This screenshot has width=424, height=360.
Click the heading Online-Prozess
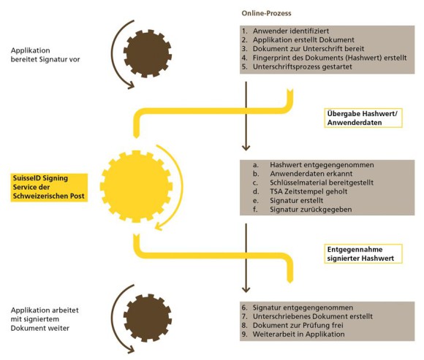coord(266,13)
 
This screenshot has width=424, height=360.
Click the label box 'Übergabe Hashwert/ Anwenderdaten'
coord(363,118)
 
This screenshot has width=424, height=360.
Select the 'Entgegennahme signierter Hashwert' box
coord(363,253)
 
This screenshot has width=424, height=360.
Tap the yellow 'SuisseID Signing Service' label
coord(49,187)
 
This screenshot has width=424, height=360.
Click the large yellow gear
coord(136,187)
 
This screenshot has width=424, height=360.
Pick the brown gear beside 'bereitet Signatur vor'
coord(148,53)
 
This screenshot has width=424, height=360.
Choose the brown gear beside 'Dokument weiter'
coord(148,318)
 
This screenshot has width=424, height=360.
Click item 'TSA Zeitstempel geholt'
coord(308,191)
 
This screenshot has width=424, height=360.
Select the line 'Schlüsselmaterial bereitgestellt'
coord(322,183)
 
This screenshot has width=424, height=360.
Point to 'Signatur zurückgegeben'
coord(311,210)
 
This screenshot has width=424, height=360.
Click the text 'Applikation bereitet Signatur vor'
coord(45,55)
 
